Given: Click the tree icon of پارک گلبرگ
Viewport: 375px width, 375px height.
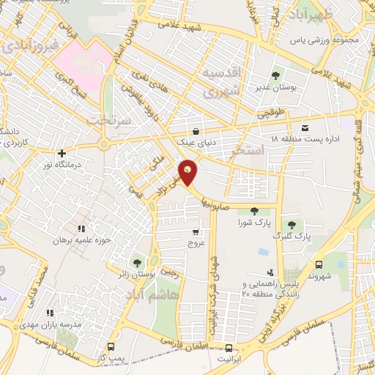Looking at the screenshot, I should [292, 225].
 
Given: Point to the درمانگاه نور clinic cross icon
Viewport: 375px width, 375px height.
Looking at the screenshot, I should [63, 153].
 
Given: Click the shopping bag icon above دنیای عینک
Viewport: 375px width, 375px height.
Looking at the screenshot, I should [195, 131].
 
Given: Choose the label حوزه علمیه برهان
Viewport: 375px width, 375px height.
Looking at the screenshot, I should [81, 240].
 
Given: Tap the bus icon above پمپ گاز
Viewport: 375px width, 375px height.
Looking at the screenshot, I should [111, 346].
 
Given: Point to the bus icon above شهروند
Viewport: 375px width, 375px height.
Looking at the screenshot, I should [318, 264].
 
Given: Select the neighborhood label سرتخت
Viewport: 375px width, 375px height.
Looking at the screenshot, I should [109, 119].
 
